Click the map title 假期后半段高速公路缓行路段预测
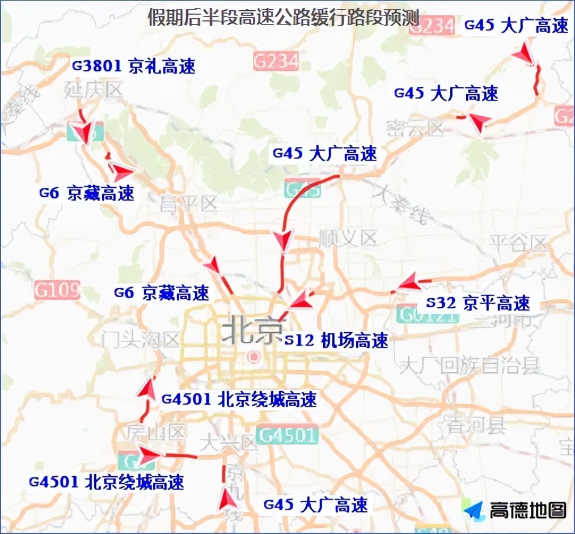[x=283, y=18]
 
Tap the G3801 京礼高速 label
[x=134, y=66]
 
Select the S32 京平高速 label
[x=478, y=303]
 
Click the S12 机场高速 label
[x=336, y=340]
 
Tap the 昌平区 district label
[x=189, y=204]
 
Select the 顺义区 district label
[x=348, y=238]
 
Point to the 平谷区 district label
[x=517, y=243]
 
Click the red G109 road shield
[x=56, y=290]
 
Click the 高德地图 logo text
[x=527, y=510]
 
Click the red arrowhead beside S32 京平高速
[x=410, y=283]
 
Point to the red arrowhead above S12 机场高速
[x=303, y=300]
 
